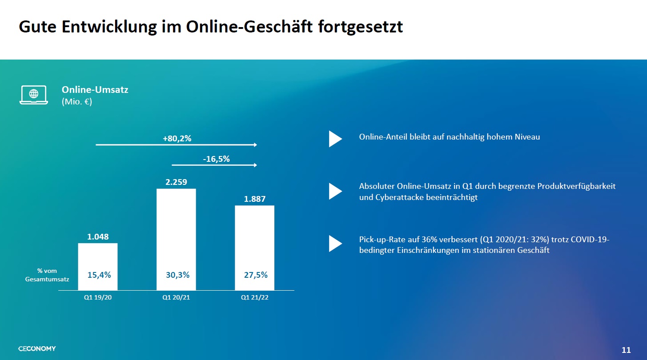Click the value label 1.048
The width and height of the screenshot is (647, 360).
98,237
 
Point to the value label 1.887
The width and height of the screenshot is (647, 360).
254,199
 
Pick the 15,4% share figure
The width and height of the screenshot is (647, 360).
99,275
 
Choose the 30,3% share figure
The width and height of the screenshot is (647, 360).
177,275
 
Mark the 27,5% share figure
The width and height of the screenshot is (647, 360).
256,275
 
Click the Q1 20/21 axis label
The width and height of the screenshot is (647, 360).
176,298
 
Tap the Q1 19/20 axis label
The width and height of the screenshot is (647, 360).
98,298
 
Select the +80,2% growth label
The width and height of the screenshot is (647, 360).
177,139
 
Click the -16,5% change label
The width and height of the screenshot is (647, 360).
216,159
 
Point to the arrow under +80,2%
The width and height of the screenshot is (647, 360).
176,145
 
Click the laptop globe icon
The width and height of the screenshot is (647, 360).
33,95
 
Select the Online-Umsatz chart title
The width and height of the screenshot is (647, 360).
95,90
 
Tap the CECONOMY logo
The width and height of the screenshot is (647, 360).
37,348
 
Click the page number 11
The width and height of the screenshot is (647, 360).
626,350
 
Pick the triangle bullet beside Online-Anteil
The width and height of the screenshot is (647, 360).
335,139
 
